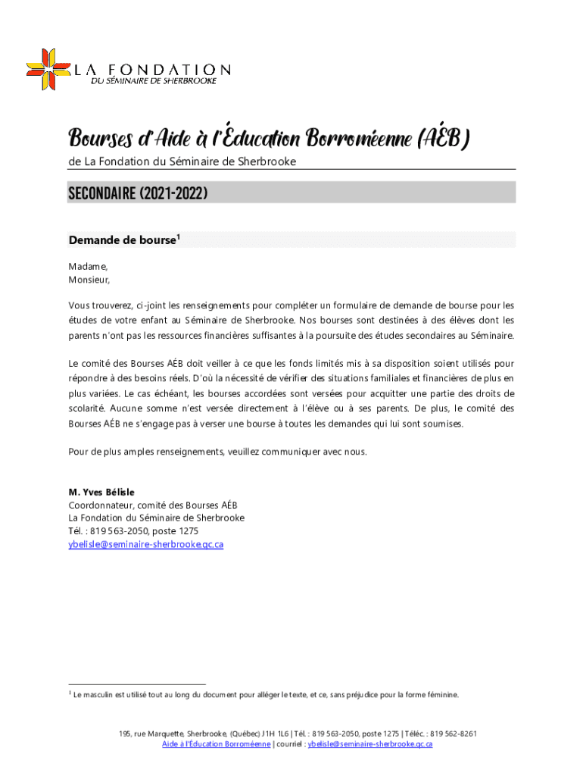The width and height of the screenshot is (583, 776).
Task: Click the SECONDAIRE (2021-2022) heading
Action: coord(138,194)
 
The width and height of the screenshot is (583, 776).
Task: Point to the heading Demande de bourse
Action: coord(121,241)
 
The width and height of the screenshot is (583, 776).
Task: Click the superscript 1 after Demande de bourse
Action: coord(178,238)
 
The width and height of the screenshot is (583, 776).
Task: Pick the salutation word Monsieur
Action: coord(89,280)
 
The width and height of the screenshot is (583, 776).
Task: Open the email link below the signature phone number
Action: coord(145,544)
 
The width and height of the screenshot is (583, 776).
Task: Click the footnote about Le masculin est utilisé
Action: coord(265,694)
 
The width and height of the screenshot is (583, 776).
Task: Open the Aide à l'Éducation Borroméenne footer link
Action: coord(217,744)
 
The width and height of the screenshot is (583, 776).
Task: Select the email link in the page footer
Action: coord(370,744)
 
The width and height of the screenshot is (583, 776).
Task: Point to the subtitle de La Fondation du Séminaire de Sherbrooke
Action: coord(182,161)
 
